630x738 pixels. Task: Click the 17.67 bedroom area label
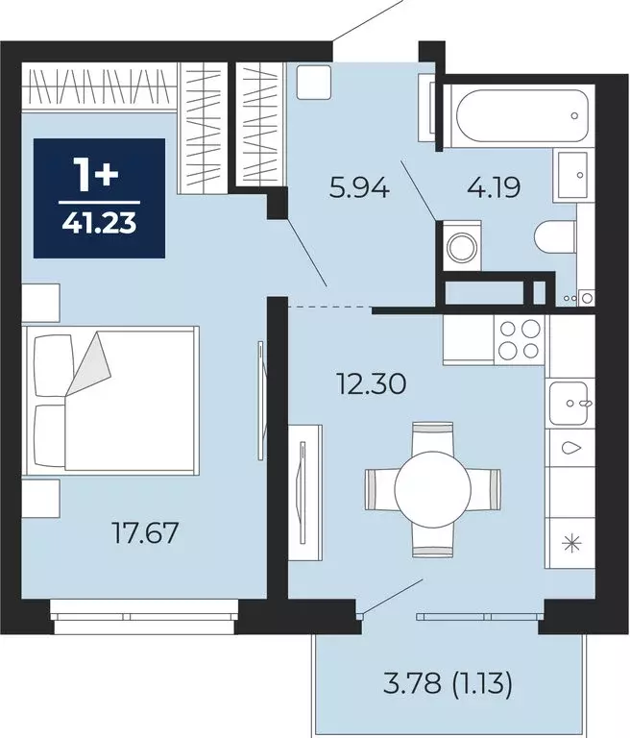point(146,533)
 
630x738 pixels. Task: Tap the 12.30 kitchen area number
point(372,383)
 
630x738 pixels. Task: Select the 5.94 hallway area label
point(359,188)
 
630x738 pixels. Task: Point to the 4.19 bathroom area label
point(494,187)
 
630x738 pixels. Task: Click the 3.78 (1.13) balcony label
point(448,684)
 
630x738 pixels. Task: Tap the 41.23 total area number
point(99,222)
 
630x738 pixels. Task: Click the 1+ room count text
point(98,175)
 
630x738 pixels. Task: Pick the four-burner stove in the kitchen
point(519,339)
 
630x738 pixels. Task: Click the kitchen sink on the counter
point(569,403)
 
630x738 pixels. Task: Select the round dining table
point(433,488)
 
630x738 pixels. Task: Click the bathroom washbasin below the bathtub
point(572,175)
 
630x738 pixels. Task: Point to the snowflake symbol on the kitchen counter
point(572,543)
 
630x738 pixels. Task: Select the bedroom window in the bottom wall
point(144,617)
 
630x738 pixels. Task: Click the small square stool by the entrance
point(314,82)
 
